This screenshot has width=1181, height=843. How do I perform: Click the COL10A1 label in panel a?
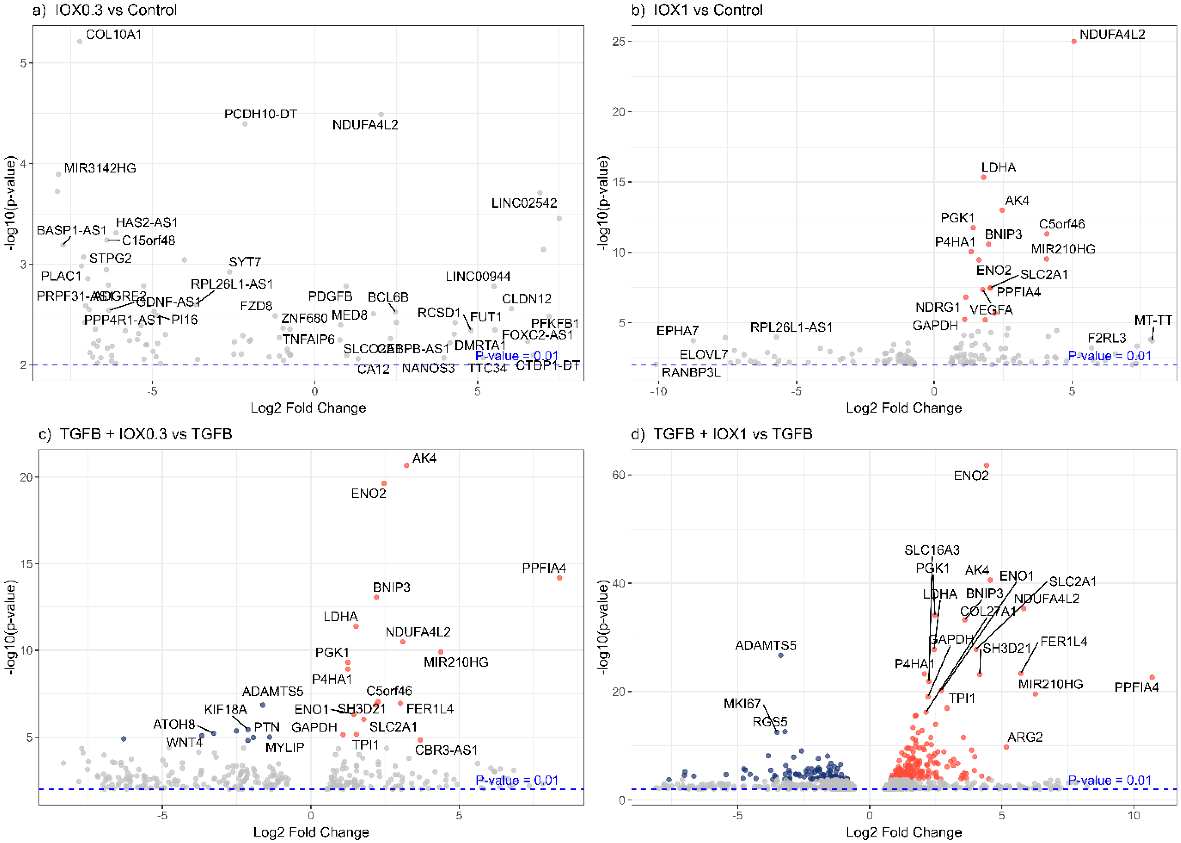(x=113, y=35)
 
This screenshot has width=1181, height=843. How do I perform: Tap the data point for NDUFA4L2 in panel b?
(x=1073, y=42)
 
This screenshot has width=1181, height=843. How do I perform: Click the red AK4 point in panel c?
(x=406, y=465)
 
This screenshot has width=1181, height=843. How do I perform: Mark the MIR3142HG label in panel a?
(x=100, y=168)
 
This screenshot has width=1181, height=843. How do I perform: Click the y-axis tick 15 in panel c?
(x=26, y=564)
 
